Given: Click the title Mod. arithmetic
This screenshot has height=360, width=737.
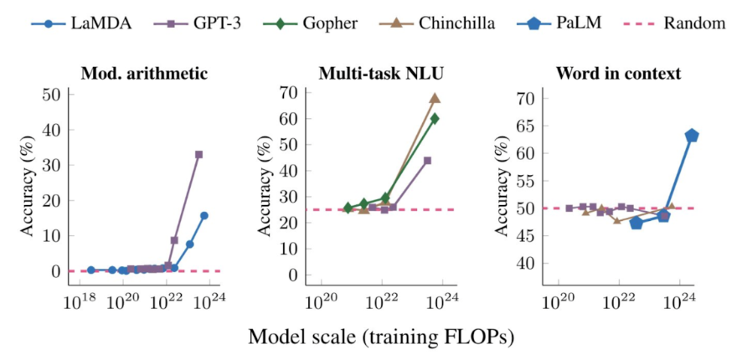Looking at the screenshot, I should tap(143, 73).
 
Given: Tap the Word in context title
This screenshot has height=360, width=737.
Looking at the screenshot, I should tap(617, 73).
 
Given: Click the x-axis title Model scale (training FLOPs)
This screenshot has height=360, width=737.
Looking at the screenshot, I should tap(380, 337).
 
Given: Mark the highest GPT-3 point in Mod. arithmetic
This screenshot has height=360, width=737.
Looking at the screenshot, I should tap(198, 154).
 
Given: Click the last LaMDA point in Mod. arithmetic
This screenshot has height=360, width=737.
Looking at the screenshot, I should tap(204, 215).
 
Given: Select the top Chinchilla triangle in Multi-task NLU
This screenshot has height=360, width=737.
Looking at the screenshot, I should tap(435, 98).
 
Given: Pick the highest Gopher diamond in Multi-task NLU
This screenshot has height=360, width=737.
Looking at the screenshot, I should tap(435, 118).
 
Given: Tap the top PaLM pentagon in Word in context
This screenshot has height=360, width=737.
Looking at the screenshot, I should tap(692, 136).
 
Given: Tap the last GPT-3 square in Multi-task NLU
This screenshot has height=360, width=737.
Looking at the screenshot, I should tap(427, 160).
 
